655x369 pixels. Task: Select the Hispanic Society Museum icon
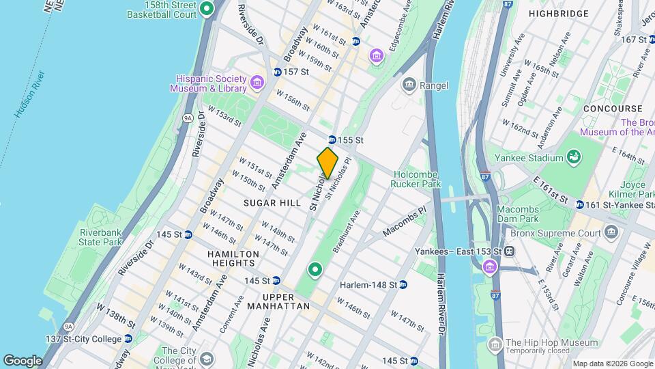click(257, 83)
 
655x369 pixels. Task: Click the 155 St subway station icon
click(332, 139)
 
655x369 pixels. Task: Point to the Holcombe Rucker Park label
click(416, 178)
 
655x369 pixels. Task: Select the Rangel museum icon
click(409, 85)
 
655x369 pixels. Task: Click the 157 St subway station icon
click(277, 72)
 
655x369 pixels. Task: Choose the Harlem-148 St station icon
click(403, 284)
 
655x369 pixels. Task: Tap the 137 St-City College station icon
click(128, 339)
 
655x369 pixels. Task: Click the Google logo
click(23, 360)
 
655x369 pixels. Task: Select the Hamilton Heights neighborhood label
click(214, 259)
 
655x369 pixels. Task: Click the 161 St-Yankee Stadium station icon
click(579, 204)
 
